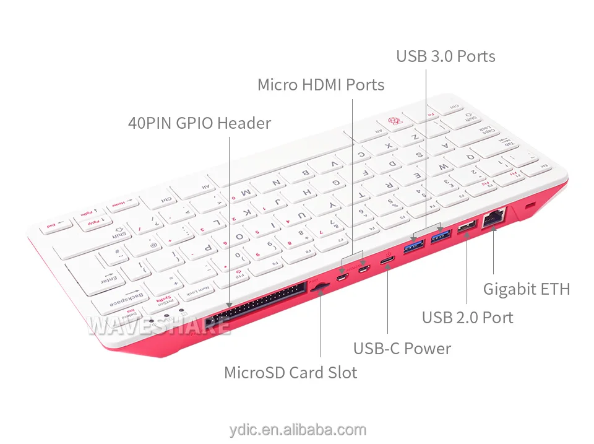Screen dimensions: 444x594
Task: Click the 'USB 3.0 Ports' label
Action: click(445, 56)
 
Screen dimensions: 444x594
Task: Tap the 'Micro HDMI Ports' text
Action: click(321, 85)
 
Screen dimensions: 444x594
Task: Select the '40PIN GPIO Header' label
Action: click(199, 123)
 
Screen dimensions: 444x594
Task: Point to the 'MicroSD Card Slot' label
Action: click(290, 373)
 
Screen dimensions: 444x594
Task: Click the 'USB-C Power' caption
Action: click(402, 349)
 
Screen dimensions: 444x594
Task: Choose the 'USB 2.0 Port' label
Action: click(467, 318)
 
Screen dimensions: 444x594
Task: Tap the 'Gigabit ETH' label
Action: click(526, 289)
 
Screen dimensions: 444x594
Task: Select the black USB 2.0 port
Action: click(467, 227)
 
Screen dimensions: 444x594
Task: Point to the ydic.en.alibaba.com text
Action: click(297, 429)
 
